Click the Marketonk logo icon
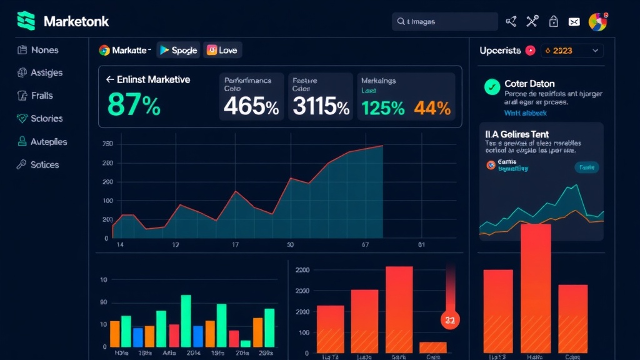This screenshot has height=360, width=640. click(x=27, y=21)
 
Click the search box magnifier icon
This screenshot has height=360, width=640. click(x=401, y=22)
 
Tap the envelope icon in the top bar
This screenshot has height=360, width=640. click(x=574, y=22)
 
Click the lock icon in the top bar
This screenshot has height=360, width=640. click(x=553, y=22)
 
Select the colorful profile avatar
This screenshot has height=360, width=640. click(x=597, y=22)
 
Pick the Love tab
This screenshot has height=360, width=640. click(x=222, y=50)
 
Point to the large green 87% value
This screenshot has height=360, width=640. click(x=134, y=104)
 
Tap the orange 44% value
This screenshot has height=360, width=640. click(x=432, y=108)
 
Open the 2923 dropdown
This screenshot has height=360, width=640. click(x=571, y=51)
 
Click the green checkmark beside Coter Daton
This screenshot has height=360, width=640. click(x=492, y=87)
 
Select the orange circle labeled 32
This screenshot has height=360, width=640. click(x=449, y=319)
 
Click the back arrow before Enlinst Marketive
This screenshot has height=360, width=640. click(x=110, y=80)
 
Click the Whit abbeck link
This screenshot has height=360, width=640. click(x=525, y=113)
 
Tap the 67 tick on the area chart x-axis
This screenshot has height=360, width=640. click(x=365, y=245)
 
